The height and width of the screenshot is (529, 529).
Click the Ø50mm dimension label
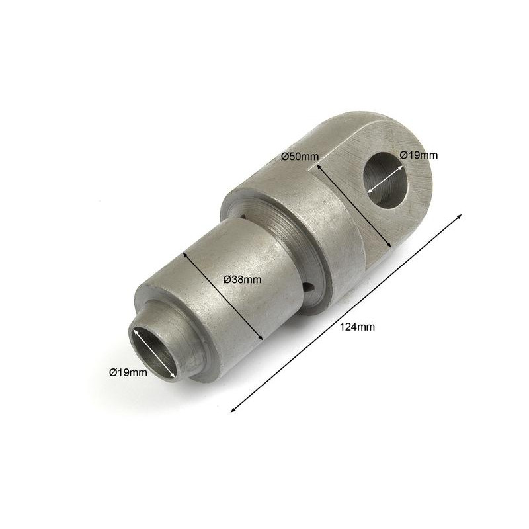point(300,156)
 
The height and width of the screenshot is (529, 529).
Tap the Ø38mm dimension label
point(242,279)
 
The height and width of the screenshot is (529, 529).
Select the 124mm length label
point(357,327)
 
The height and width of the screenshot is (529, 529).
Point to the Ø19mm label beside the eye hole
point(419,155)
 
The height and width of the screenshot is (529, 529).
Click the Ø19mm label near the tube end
point(128,372)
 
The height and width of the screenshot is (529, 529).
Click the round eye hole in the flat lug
point(385,180)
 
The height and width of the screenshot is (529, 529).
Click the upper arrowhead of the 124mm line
point(458,217)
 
